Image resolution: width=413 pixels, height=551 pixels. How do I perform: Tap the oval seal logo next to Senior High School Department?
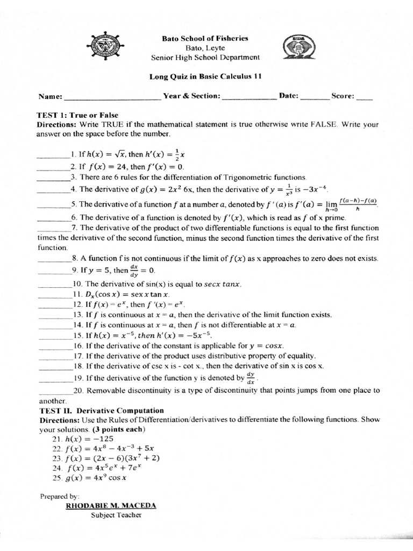[x=296, y=49]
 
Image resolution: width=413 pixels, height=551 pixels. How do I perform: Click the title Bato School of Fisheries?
[x=205, y=39]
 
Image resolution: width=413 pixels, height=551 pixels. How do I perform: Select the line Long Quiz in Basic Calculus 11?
[x=205, y=76]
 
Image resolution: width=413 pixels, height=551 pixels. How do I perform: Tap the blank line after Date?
[x=314, y=98]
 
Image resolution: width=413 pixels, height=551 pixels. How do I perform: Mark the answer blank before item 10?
[x=54, y=285]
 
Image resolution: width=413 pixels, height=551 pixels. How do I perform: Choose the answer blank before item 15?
[x=54, y=336]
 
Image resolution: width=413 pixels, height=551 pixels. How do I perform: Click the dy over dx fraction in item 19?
[x=250, y=377]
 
